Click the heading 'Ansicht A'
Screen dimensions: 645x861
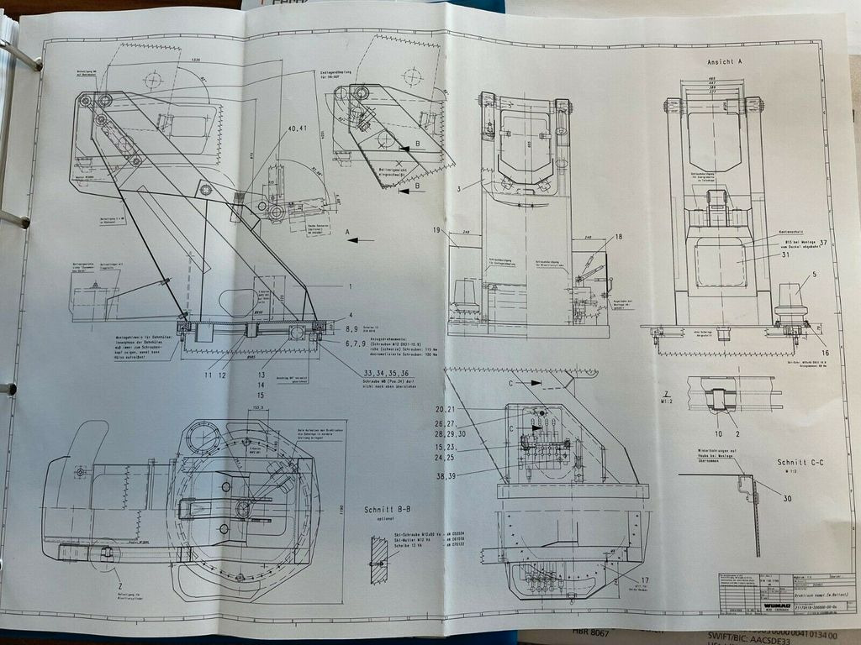pos(725,63)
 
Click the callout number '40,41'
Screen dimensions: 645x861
pos(297,128)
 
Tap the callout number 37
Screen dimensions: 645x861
pos(824,244)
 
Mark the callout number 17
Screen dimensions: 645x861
pos(644,580)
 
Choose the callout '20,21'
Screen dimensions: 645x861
pos(445,409)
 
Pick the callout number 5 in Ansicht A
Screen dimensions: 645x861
pos(814,275)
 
